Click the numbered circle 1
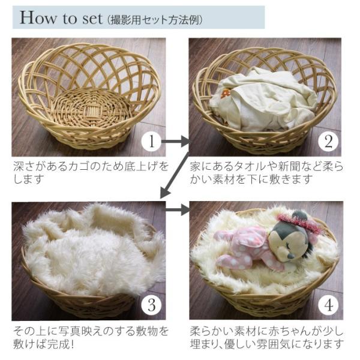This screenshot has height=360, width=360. (x=151, y=142)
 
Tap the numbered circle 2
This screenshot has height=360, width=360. (x=328, y=142)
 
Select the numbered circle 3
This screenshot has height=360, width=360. (x=151, y=305)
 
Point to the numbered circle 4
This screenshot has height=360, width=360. (x=328, y=305)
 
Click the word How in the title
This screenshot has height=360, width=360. (x=38, y=17)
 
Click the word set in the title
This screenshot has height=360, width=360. (x=92, y=19)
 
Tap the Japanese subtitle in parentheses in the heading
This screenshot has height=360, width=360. (x=155, y=20)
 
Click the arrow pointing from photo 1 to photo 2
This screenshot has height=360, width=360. (x=175, y=141)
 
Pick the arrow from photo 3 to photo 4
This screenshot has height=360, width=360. (x=177, y=209)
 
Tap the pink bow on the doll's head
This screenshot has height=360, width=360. (x=296, y=221)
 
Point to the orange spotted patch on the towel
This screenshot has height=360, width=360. (x=226, y=94)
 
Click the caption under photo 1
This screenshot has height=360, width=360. (x=91, y=173)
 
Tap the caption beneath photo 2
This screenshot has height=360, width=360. (x=266, y=173)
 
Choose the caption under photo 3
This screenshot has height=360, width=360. (x=91, y=337)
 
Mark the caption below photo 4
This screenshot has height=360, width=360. (x=267, y=337)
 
